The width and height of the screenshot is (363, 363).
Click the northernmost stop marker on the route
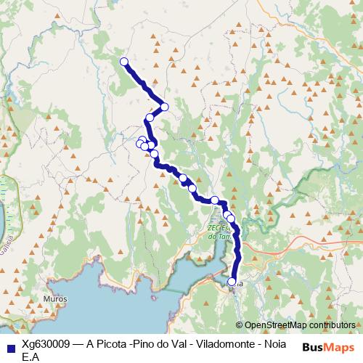coord(123,62)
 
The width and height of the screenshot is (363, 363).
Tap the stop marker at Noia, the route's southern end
coord(232,282)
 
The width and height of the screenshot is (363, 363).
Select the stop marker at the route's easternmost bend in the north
coord(165,107)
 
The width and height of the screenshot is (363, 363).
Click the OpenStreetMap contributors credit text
coord(300,325)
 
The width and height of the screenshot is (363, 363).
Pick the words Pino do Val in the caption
coord(161,343)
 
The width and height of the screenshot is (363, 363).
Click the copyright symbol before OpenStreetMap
coord(240,325)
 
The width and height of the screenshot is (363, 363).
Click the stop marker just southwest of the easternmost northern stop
coord(150,118)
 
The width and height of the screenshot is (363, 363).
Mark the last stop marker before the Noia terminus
coord(231,218)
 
